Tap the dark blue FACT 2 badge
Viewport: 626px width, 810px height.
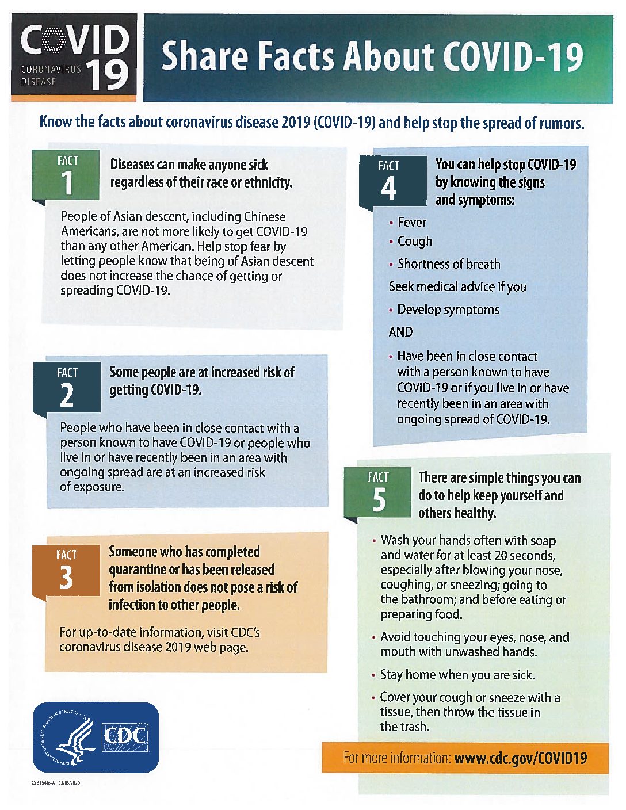click(67, 388)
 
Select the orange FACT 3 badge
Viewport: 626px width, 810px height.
click(66, 570)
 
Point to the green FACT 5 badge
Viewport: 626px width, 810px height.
click(378, 492)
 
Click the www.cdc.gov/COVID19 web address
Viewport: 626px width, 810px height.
click(520, 758)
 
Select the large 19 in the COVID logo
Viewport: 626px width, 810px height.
click(109, 75)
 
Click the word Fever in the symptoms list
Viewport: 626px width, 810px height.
click(412, 222)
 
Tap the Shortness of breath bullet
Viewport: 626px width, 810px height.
click(449, 265)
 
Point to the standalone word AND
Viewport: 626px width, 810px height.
click(400, 333)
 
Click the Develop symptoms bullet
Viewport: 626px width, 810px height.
click(448, 310)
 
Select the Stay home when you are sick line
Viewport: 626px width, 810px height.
click(457, 675)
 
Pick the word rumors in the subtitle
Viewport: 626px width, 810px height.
click(560, 123)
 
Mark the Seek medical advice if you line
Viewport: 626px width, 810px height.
click(457, 287)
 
